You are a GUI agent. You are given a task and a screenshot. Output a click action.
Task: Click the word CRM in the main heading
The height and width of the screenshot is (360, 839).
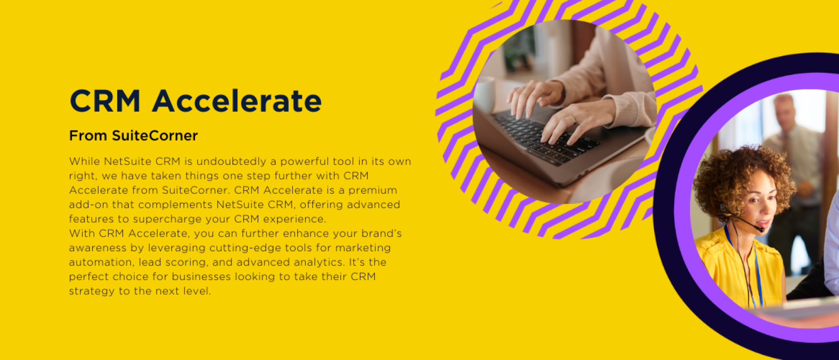[x=105, y=101]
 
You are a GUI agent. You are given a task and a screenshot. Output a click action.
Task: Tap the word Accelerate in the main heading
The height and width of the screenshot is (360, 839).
[x=237, y=101]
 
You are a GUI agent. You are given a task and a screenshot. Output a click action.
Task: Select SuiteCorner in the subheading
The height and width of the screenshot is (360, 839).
[x=155, y=136]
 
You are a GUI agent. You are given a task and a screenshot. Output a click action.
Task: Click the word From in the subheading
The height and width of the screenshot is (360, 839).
[x=88, y=136]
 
